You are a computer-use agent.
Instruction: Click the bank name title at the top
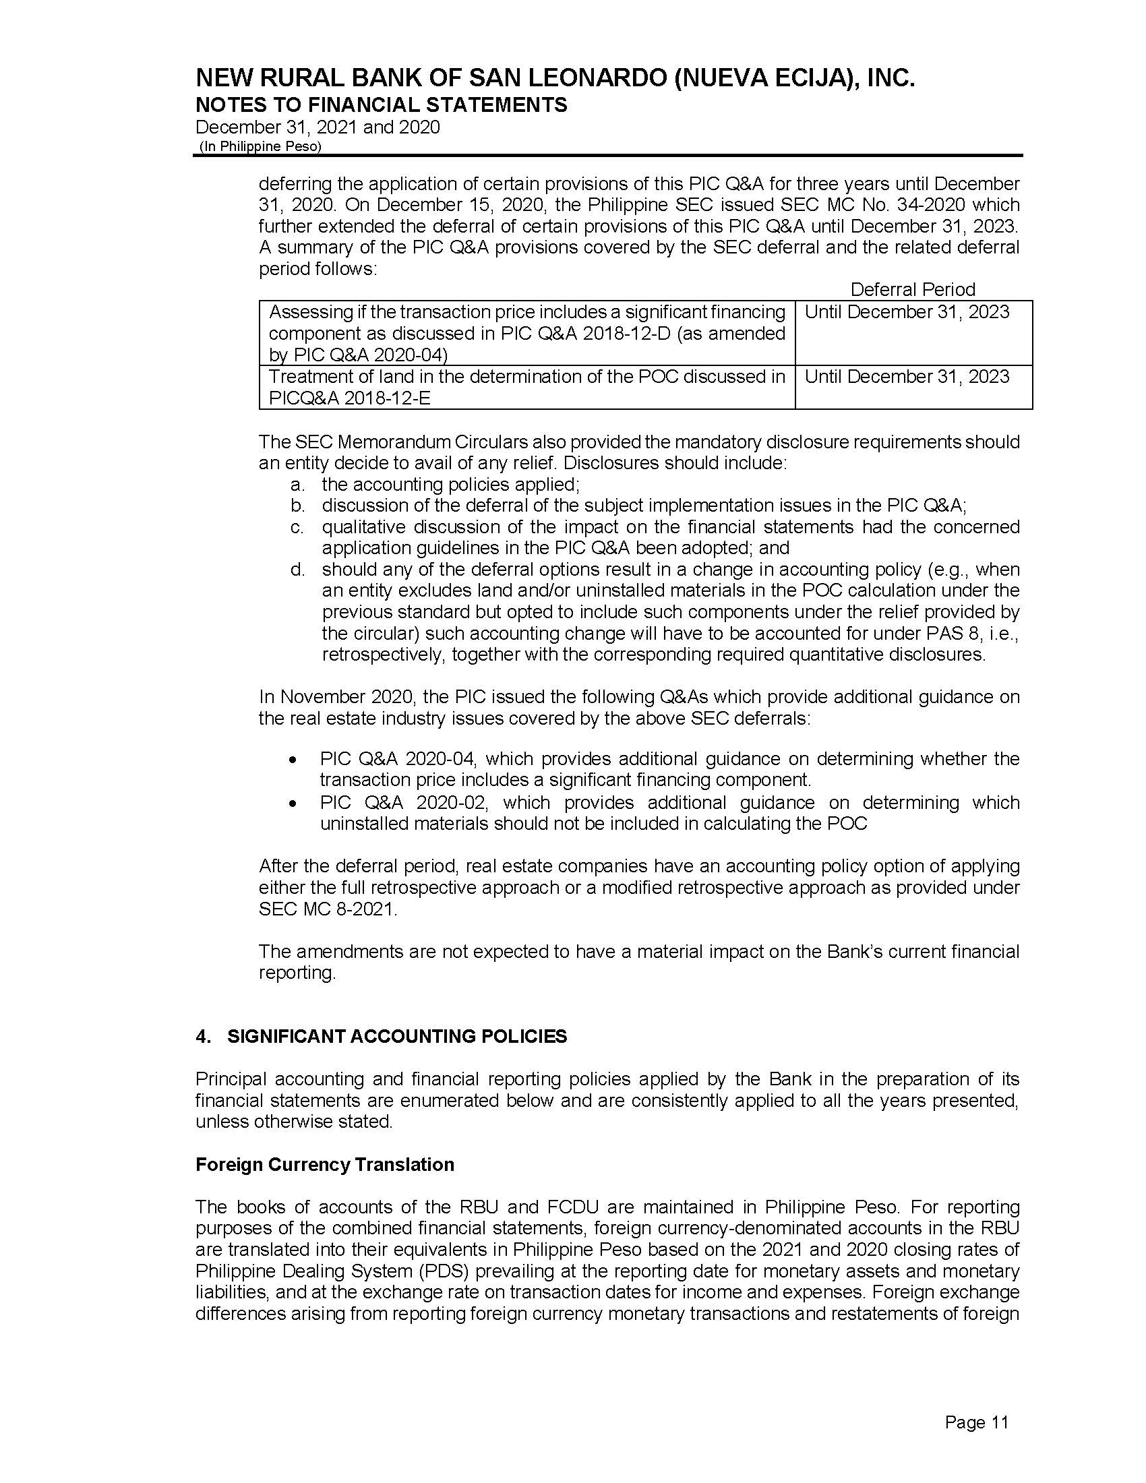pos(555,80)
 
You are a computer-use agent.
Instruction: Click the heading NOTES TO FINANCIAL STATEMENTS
pos(381,105)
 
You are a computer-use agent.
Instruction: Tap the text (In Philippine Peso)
pos(260,146)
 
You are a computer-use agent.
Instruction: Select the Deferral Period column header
pos(912,290)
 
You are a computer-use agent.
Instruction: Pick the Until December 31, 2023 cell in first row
pos(906,312)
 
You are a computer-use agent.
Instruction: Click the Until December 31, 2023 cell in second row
pos(906,377)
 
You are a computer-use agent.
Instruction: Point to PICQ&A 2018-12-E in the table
pos(349,398)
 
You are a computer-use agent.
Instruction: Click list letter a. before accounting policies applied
pos(297,485)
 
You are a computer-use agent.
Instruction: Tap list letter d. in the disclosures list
pos(297,570)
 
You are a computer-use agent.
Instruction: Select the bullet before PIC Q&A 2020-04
pos(293,760)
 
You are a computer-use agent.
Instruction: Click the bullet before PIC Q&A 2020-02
pos(293,804)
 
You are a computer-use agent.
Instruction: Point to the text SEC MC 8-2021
pos(326,909)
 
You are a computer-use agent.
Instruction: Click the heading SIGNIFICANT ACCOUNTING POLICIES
pos(396,1037)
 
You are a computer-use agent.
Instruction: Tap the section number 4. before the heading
pos(202,1037)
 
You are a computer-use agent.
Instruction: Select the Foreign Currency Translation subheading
pos(324,1165)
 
